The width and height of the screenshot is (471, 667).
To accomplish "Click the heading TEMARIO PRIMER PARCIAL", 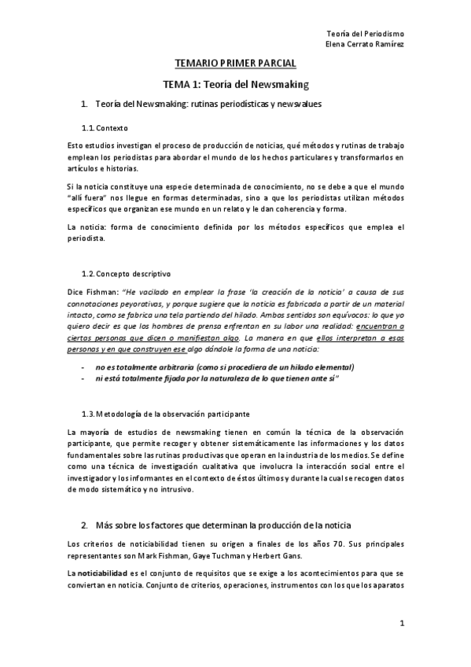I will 235,64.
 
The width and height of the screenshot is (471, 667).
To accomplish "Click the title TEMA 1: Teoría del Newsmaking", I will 235,83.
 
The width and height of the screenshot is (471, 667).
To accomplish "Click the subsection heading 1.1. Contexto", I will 105,127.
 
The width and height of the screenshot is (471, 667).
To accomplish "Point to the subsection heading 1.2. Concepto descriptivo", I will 126,274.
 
